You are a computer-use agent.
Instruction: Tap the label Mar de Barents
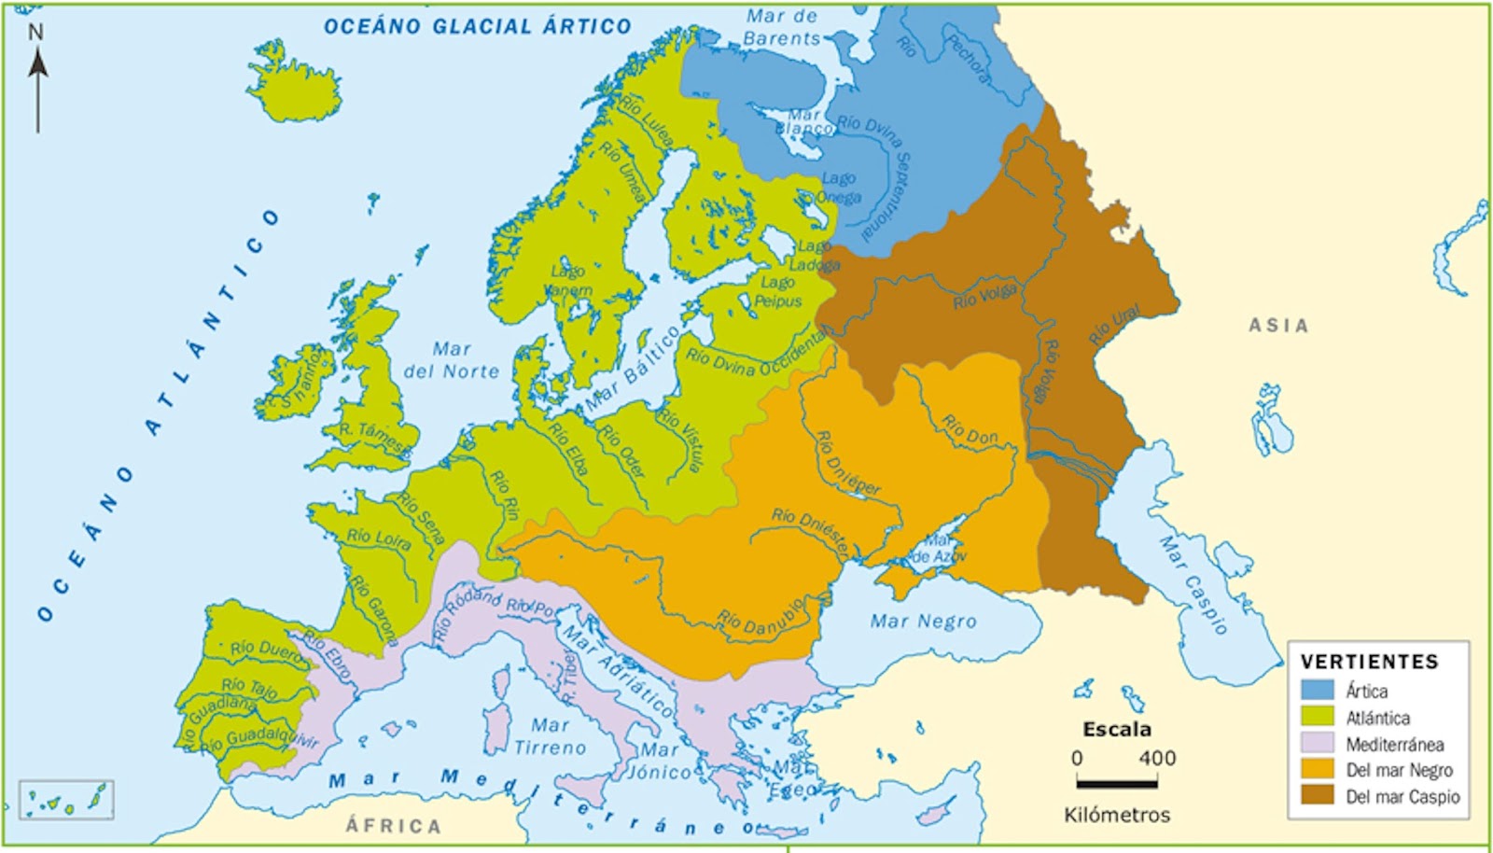coord(782,28)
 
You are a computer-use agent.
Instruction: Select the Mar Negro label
coord(923,622)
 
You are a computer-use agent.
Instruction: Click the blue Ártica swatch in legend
coord(1318,691)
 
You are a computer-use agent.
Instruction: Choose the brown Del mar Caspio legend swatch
coord(1318,796)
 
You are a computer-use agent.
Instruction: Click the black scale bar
coord(1116,784)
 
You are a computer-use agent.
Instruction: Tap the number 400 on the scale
coord(1156,759)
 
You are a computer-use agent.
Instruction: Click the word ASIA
coord(1278,326)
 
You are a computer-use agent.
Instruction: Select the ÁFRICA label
coord(393,826)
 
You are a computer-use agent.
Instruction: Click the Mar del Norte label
coord(452,360)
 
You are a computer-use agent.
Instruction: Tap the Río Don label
coord(970,428)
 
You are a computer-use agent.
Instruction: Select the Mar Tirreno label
coord(550,736)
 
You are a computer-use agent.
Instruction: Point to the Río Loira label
coord(378,538)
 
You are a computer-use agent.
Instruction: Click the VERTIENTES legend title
coord(1369,662)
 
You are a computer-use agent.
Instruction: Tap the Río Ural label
coord(1114,325)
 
